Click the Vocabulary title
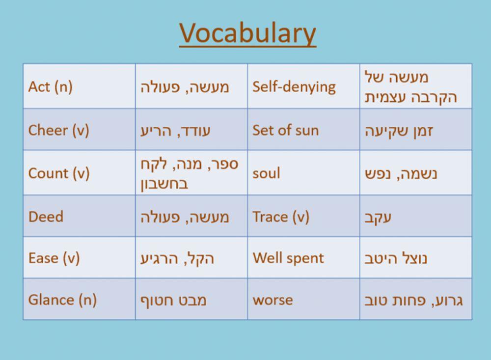pos(247,33)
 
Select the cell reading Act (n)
pos(51,87)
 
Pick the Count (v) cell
pos(59,173)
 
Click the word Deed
pos(46,217)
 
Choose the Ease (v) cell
pos(54,258)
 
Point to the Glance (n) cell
pos(62,300)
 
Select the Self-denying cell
pos(294,87)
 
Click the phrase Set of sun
pos(285,130)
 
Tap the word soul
pos(266,173)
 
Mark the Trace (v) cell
pos(281,217)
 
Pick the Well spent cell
pos(288,258)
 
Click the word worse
pos(273,300)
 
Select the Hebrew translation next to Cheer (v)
pos(175,131)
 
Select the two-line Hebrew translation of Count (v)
pos(189,173)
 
